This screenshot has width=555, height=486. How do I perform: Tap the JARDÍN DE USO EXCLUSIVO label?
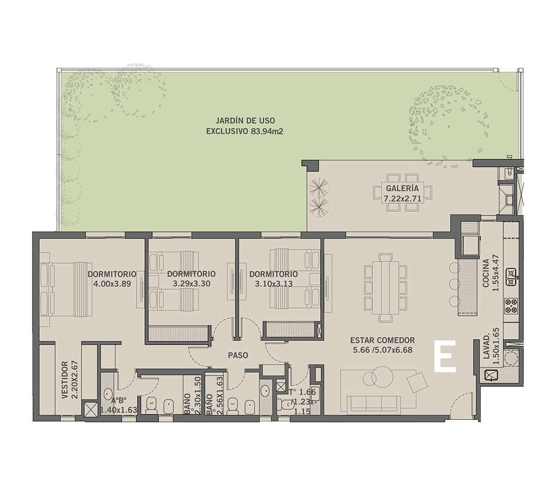pos(244,126)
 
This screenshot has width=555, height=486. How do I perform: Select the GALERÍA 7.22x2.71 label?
pos(402,193)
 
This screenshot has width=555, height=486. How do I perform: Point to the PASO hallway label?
pos(238,355)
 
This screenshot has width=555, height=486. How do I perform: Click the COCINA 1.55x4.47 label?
pos(490,275)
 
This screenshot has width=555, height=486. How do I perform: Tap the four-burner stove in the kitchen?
pos(511,305)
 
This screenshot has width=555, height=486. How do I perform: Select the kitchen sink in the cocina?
pos(511,277)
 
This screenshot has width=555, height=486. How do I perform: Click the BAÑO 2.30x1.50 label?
pos(188,397)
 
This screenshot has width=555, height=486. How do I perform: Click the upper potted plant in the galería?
pos(318,185)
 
